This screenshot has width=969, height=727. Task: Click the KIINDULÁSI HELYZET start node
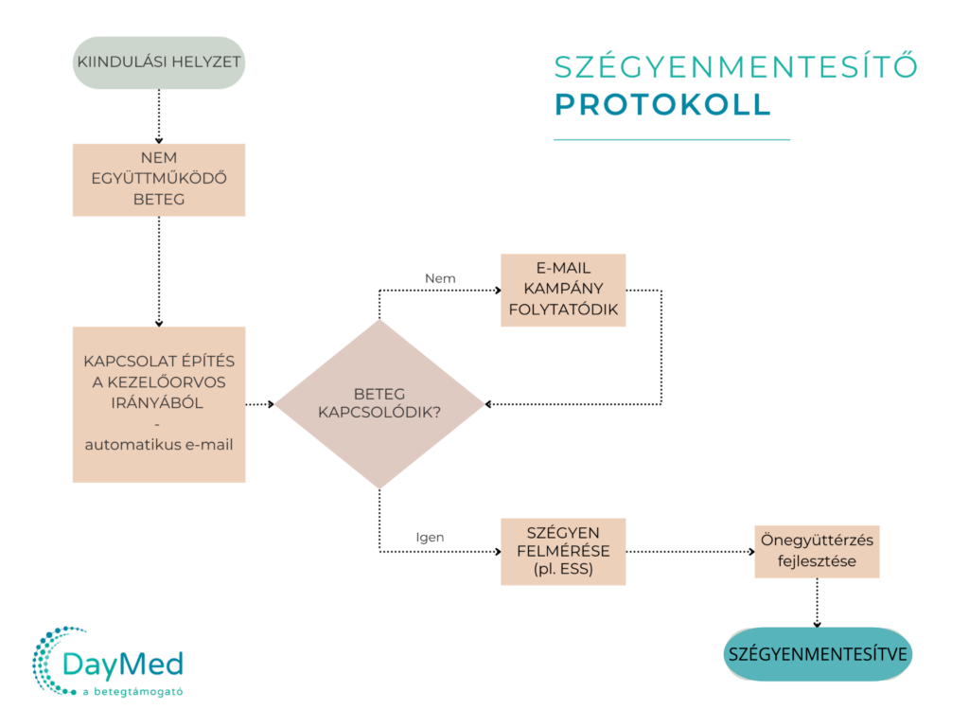click(159, 62)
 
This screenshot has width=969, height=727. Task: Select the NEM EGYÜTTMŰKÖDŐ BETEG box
click(159, 180)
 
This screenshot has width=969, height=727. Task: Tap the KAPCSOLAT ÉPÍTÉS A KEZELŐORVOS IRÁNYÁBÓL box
click(159, 404)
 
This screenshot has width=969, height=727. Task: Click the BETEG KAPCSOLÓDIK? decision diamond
click(379, 404)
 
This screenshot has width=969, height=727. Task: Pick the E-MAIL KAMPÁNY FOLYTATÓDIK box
click(563, 290)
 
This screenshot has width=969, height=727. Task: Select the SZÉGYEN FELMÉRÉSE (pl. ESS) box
click(563, 552)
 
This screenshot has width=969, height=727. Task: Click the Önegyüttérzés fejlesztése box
click(817, 552)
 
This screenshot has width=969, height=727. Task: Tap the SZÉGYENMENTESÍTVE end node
click(818, 654)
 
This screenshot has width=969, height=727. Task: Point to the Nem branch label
click(440, 279)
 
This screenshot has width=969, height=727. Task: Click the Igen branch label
click(430, 538)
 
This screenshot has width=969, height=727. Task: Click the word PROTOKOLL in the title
click(663, 104)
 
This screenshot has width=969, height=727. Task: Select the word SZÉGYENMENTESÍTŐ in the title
click(735, 67)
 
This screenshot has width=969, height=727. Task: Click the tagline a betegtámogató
click(132, 692)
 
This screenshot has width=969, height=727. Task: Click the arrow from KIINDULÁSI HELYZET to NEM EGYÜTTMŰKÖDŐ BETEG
click(159, 116)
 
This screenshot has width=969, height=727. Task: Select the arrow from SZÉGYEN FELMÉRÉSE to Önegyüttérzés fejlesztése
click(690, 552)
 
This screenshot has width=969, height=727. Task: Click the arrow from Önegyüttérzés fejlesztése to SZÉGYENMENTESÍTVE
click(817, 603)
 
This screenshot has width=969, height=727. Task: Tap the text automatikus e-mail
click(159, 445)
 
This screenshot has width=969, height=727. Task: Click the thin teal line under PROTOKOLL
click(672, 140)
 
